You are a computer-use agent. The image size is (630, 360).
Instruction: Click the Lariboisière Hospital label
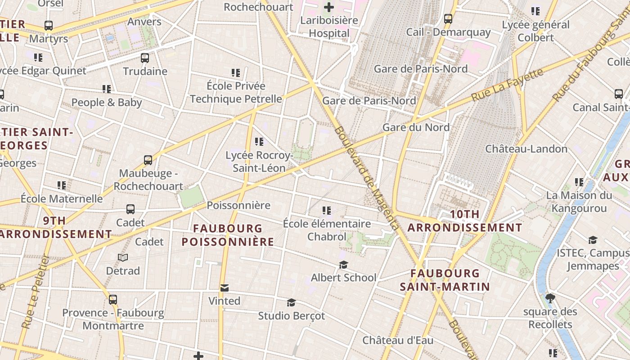(x=329, y=27)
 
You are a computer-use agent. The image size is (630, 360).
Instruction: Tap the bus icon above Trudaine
(x=144, y=58)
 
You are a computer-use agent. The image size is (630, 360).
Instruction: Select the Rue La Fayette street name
(x=507, y=85)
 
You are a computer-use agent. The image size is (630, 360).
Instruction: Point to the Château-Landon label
(x=526, y=148)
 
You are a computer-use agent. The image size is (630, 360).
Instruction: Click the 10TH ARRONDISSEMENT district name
(x=465, y=221)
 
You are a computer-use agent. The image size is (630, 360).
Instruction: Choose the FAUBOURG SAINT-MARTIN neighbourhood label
(x=445, y=280)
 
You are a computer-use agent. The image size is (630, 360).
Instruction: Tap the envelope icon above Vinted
(x=224, y=288)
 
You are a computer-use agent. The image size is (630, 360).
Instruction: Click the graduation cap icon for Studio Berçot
(x=291, y=302)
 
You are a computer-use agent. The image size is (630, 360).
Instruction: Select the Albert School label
(x=343, y=277)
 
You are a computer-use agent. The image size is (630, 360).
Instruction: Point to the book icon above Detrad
(x=123, y=257)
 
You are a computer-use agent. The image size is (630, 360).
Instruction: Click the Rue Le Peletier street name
(x=36, y=292)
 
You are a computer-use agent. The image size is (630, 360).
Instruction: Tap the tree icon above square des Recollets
(x=550, y=298)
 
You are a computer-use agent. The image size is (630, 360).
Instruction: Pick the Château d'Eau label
(x=398, y=340)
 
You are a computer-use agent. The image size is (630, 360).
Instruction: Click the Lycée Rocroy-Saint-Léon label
(x=259, y=162)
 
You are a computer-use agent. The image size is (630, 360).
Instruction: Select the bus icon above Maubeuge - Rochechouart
(x=148, y=160)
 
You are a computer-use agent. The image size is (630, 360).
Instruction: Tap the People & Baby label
(x=107, y=102)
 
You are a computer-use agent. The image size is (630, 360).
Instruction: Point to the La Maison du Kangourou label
(x=579, y=202)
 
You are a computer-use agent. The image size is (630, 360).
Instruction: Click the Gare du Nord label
(x=416, y=127)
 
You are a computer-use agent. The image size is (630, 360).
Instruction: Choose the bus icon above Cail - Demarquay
(x=448, y=19)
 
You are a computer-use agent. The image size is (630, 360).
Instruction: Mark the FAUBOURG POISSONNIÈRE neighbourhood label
(x=228, y=235)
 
